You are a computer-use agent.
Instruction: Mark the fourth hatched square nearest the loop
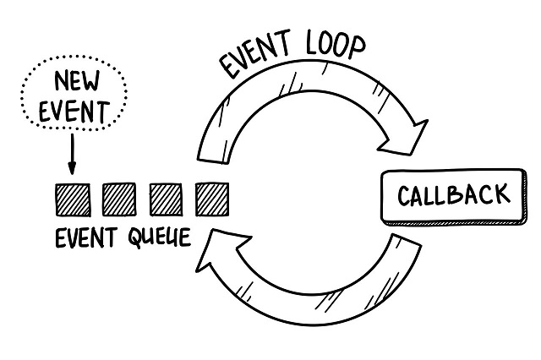(x=211, y=199)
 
